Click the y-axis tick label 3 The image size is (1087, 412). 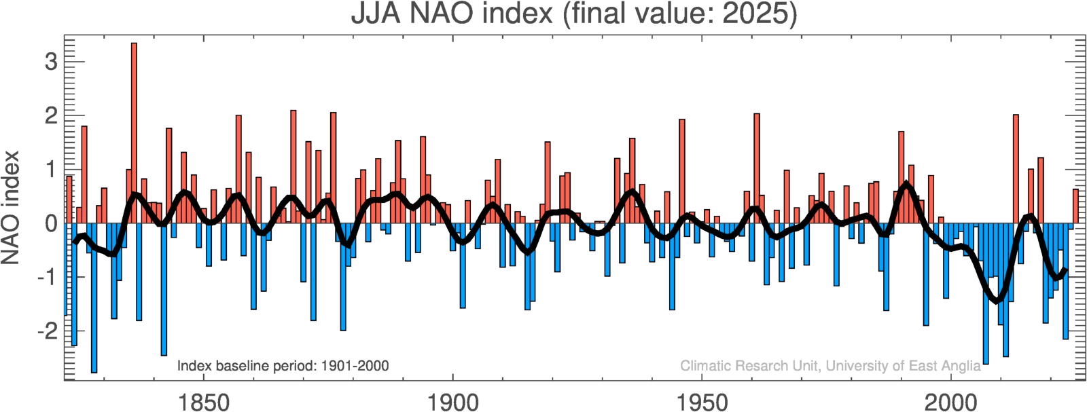click(51, 62)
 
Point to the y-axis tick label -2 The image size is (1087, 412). click(46, 331)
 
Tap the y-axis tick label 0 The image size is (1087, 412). click(51, 223)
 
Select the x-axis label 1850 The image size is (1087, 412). click(203, 402)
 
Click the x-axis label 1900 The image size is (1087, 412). click(452, 402)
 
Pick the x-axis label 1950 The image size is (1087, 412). click(702, 402)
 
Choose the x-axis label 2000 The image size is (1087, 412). click(950, 402)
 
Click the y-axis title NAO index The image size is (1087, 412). click(10, 208)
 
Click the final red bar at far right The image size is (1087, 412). click(1075, 206)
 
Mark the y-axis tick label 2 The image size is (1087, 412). click(51, 115)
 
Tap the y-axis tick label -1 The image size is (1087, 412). click(46, 277)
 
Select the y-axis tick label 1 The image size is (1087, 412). click(51, 169)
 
